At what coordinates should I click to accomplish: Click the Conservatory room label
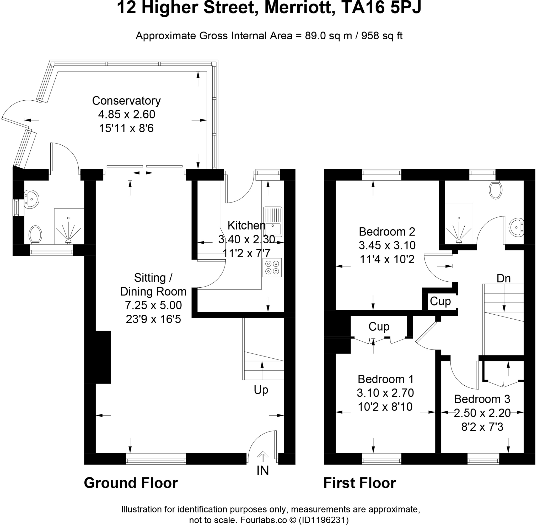point(126,101)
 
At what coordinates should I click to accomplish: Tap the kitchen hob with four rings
point(272,267)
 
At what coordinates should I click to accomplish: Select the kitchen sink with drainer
point(273,222)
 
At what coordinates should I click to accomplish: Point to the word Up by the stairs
point(261,390)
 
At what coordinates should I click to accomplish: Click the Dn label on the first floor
point(503,278)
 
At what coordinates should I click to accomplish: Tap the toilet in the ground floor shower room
point(35,235)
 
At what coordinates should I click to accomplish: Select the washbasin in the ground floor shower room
point(31,199)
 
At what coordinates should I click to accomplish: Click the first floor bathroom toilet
point(495,190)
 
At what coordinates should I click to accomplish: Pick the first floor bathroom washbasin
point(516,227)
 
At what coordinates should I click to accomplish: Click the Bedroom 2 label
point(386,232)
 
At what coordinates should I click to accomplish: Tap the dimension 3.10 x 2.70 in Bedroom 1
point(385,393)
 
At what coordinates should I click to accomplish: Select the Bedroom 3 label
point(482,399)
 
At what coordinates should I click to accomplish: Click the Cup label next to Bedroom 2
point(440,301)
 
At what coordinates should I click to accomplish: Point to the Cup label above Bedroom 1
point(379,326)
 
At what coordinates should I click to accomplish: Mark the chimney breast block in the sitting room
point(98,357)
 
